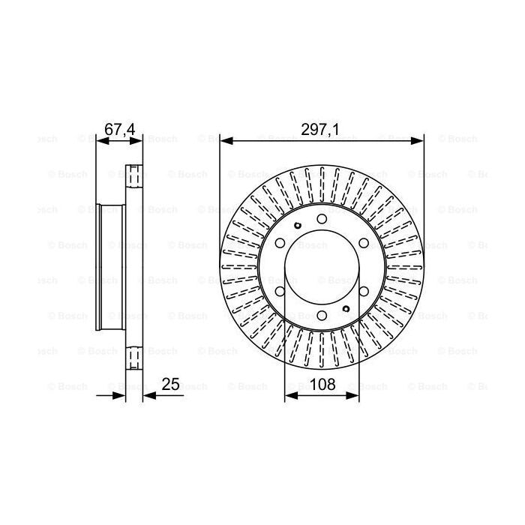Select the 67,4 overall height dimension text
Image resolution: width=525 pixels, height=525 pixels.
(118, 130)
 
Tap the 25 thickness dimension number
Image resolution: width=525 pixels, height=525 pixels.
(171, 385)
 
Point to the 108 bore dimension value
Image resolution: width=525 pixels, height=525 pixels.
(322, 385)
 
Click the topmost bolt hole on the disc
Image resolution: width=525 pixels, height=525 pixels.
(322, 218)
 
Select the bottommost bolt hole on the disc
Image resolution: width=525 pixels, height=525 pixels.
(322, 316)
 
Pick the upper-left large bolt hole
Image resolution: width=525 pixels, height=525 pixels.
(280, 243)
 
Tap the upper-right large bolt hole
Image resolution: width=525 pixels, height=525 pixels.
(364, 243)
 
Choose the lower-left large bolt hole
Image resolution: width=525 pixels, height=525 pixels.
(280, 292)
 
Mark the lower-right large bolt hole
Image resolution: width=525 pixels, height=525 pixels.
(364, 292)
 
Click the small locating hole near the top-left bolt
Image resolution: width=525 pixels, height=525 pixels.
(298, 226)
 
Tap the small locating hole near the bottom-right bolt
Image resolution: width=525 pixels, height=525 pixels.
(346, 308)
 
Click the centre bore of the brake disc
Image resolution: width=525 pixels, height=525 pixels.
(322, 267)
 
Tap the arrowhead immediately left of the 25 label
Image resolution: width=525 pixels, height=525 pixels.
(148, 395)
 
